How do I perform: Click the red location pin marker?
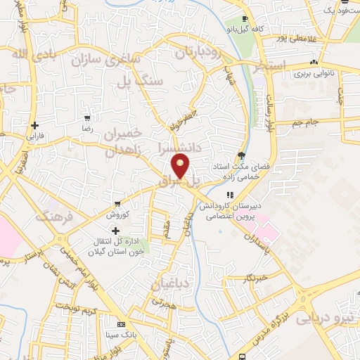181,165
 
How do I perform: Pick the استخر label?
271,67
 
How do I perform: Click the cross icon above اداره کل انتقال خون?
116,230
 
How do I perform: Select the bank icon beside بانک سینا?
122,325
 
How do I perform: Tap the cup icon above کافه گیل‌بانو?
244,18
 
